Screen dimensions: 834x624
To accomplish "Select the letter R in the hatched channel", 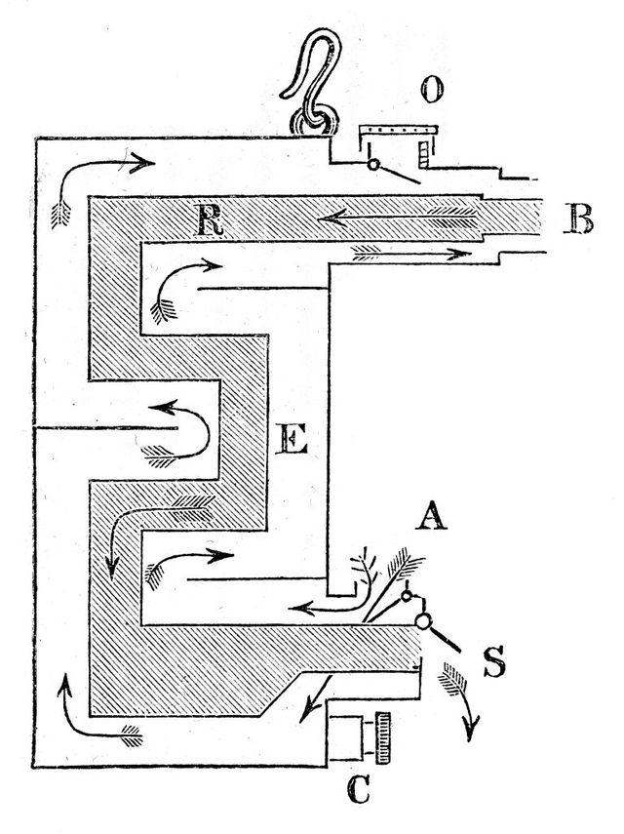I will [211, 220].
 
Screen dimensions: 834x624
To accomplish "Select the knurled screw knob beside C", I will [382, 737].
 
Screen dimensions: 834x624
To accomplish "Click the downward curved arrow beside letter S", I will [462, 696].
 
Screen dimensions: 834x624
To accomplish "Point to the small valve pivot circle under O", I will [371, 165].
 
